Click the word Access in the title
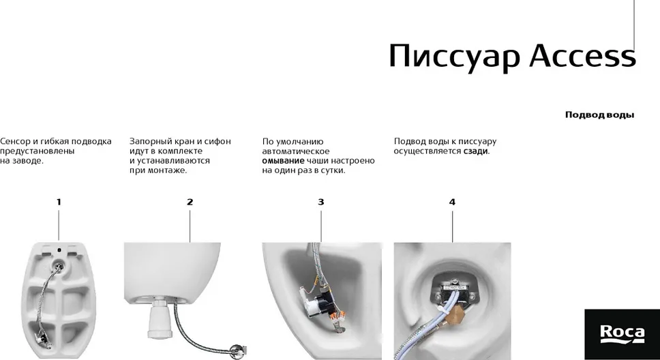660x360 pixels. tap(582, 56)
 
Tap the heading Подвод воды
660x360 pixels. tap(599, 115)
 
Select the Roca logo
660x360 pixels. tap(622, 334)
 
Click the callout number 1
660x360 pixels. tap(59, 202)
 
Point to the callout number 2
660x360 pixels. tap(190, 202)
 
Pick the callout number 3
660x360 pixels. tap(320, 202)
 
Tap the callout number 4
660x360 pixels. tap(452, 202)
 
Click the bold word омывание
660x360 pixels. tap(283, 161)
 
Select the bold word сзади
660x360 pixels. tap(476, 151)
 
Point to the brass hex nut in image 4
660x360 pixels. tap(456, 314)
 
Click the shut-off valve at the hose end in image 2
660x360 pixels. tap(237, 350)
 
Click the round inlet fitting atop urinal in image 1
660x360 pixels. tap(59, 265)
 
